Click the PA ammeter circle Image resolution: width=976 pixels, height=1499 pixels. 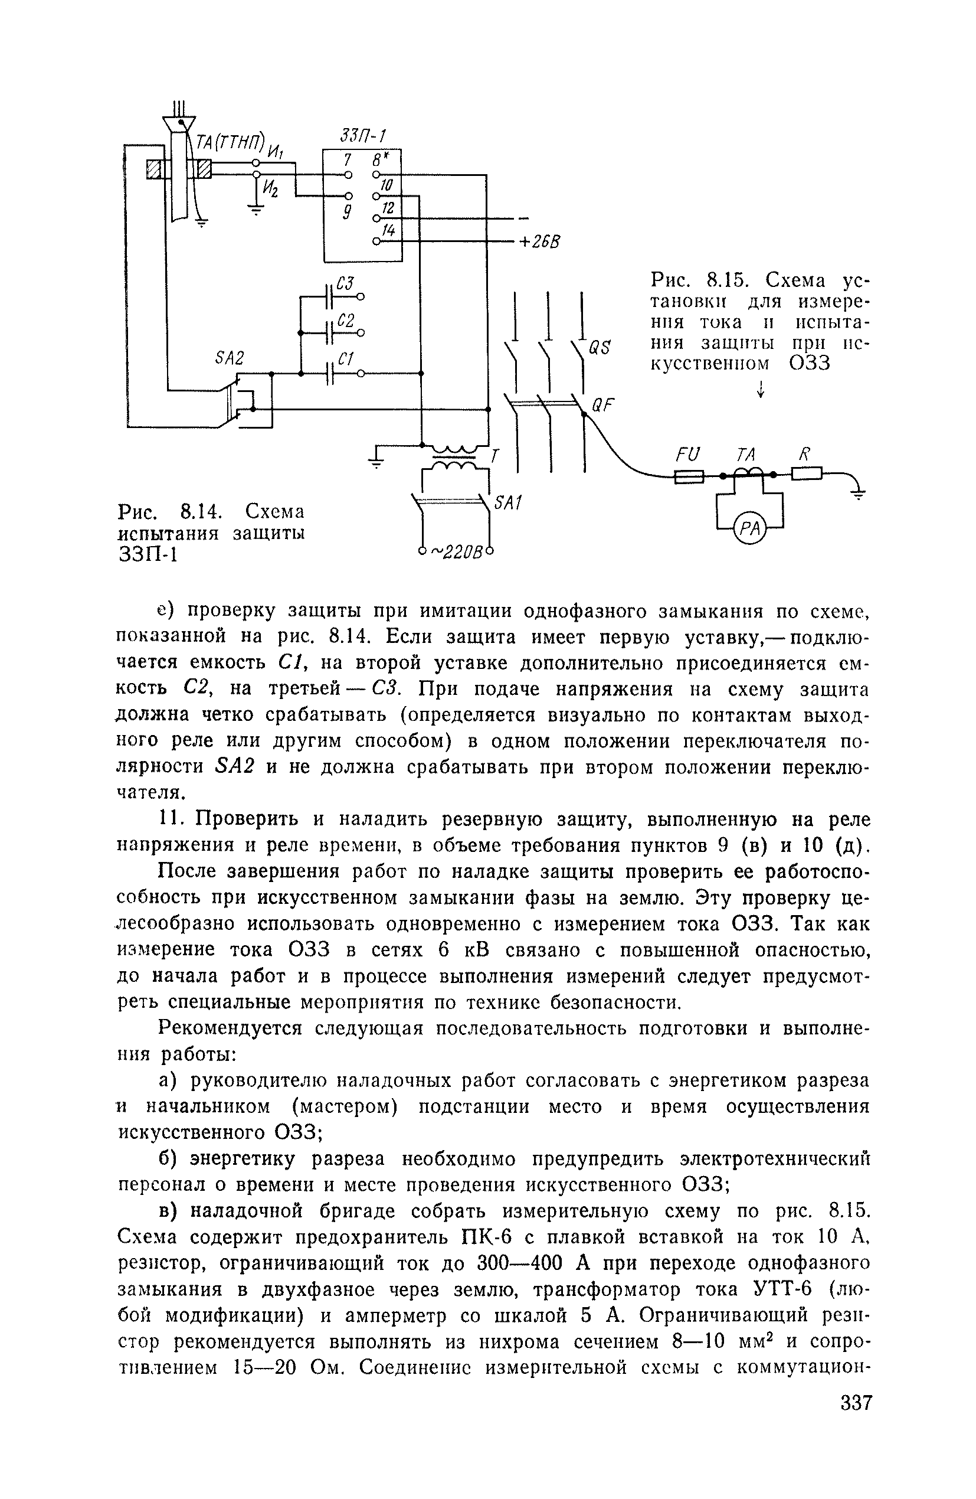[x=749, y=530]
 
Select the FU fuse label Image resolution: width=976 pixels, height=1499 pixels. [x=688, y=455]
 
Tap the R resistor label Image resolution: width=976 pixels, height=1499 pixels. [x=804, y=453]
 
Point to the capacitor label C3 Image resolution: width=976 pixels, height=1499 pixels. [x=345, y=283]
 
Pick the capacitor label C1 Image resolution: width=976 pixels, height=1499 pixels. [x=346, y=359]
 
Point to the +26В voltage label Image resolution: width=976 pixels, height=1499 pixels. [x=538, y=243]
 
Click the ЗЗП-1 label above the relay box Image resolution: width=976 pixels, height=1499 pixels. [x=362, y=135]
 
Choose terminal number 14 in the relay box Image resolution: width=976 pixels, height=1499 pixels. [x=388, y=230]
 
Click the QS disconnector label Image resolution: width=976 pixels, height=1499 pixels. [x=599, y=348]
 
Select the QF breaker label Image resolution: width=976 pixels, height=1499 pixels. [x=601, y=405]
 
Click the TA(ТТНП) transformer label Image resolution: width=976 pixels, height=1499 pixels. [x=230, y=143]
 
